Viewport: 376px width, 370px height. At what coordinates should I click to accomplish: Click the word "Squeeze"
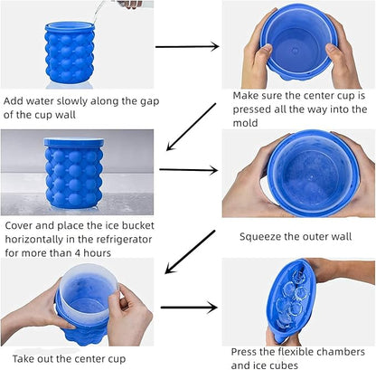(263, 237)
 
